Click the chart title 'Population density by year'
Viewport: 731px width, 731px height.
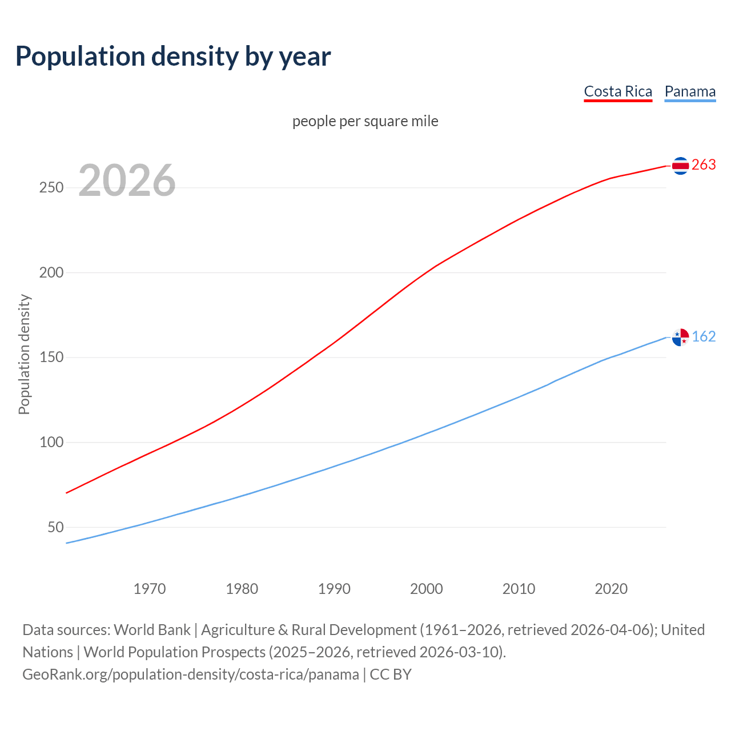[x=173, y=57]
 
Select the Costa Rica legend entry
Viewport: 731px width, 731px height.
[x=618, y=91]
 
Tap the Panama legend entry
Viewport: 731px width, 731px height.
[x=690, y=91]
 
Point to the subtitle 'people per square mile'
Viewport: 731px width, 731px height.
[x=365, y=121]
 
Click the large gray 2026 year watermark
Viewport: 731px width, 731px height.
[x=127, y=180]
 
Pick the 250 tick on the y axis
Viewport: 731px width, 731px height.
[x=51, y=188]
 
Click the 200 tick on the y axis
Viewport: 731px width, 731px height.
[x=51, y=272]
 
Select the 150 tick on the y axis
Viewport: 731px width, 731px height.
[x=51, y=358]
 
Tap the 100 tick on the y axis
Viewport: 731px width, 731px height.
[x=51, y=442]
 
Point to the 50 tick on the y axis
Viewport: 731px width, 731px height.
[x=55, y=527]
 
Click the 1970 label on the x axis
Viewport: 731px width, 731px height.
[x=150, y=589]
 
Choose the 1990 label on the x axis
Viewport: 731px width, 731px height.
[x=334, y=589]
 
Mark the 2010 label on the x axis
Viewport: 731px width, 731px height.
[x=519, y=589]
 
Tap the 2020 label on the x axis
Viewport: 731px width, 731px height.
[x=611, y=589]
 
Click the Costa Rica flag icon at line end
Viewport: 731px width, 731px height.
[x=680, y=166]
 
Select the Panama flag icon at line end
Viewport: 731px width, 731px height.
[x=680, y=338]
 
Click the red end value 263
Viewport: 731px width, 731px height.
[x=704, y=165]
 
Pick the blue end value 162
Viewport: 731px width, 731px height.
[x=704, y=337]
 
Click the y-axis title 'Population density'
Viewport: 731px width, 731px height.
[x=24, y=354]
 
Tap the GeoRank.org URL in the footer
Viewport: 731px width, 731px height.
[x=191, y=674]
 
